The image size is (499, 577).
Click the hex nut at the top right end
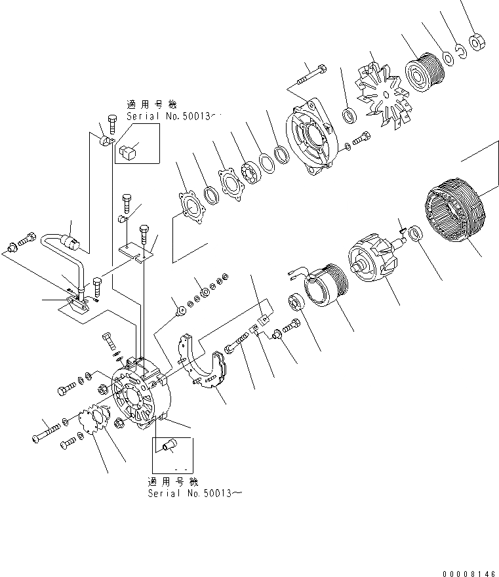(477, 44)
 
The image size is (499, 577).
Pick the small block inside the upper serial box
(129, 153)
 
